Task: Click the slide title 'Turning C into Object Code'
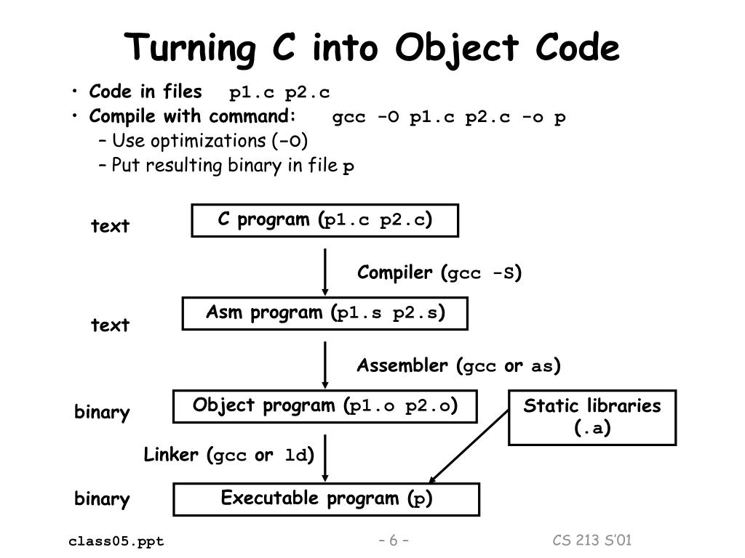(x=372, y=49)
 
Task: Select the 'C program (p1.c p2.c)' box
(x=324, y=220)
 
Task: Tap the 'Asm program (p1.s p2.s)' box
(x=324, y=313)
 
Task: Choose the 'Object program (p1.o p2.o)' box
(x=324, y=406)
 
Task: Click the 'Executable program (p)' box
(x=326, y=499)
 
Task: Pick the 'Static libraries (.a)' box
(x=591, y=417)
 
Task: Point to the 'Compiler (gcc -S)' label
(x=439, y=273)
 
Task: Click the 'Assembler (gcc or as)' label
(x=458, y=365)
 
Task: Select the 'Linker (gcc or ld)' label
(x=228, y=456)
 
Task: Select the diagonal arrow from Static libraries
(x=469, y=446)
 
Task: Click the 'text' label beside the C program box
(x=111, y=226)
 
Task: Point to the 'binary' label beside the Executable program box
(x=102, y=499)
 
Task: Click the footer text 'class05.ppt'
(x=116, y=541)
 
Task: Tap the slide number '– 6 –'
(x=394, y=541)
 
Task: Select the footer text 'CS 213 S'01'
(x=592, y=540)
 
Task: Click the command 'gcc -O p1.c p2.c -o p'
(x=449, y=117)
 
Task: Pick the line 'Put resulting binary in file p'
(x=233, y=166)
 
